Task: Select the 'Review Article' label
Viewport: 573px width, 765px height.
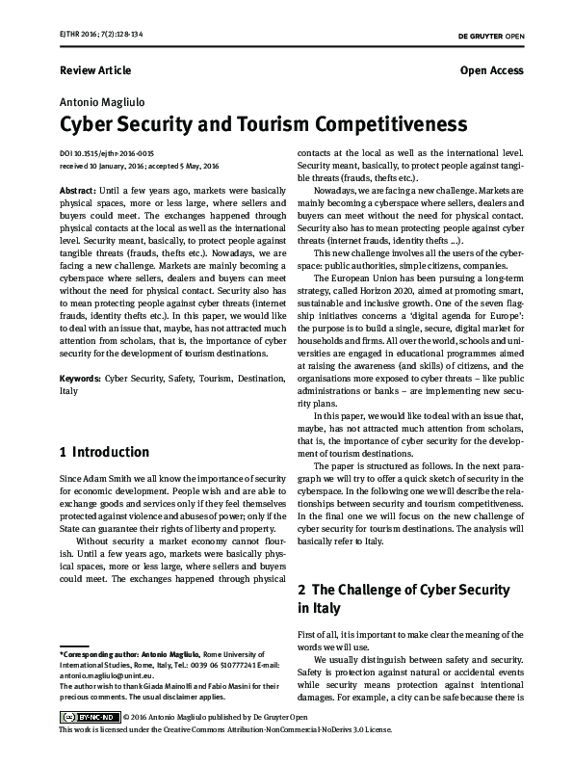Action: (95, 70)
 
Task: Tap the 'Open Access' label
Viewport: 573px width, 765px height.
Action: (491, 70)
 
